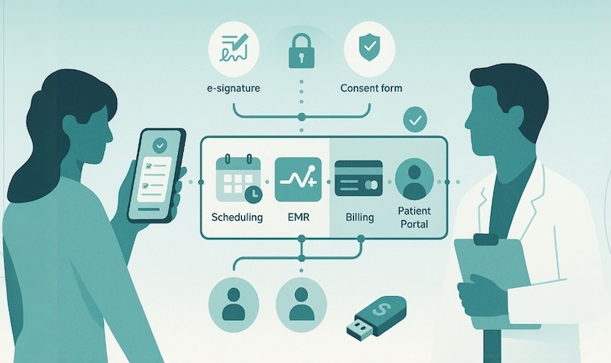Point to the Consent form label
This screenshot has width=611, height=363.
pos(371,87)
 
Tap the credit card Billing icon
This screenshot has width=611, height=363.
pos(360,181)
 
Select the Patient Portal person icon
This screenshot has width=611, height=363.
pos(415,180)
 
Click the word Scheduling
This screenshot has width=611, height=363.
pos(236,217)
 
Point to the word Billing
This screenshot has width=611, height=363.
pos(360,217)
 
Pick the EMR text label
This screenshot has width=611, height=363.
pos(298,217)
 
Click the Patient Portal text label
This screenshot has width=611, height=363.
pos(415,217)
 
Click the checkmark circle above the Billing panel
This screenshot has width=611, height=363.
pos(415,121)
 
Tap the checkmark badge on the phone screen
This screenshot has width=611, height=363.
pos(160,146)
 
